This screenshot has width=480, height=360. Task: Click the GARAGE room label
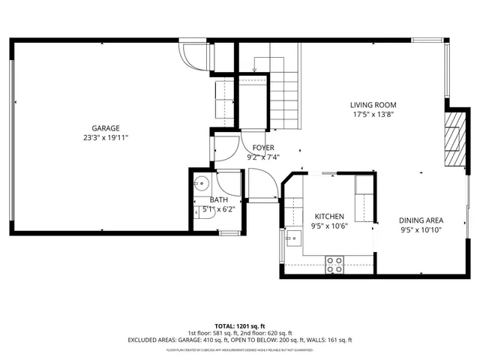point(106,128)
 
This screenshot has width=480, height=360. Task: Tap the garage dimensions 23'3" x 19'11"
point(106,138)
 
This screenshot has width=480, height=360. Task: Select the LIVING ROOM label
point(373,105)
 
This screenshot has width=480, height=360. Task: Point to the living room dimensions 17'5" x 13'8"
point(373,115)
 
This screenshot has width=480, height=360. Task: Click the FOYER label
point(262,148)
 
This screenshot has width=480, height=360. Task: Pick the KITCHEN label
point(328,215)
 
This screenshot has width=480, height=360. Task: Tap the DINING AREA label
point(421,220)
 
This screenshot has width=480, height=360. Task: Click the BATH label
point(218,199)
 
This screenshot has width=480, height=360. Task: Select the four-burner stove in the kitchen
point(335,264)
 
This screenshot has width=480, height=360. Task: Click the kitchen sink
point(293,240)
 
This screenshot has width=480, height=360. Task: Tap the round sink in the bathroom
point(201,182)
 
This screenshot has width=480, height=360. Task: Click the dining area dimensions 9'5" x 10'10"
point(421,230)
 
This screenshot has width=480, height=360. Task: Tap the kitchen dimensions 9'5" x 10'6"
point(328,225)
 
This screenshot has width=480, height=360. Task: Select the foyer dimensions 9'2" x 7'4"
point(262,157)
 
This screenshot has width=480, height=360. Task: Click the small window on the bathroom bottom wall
point(223,234)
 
